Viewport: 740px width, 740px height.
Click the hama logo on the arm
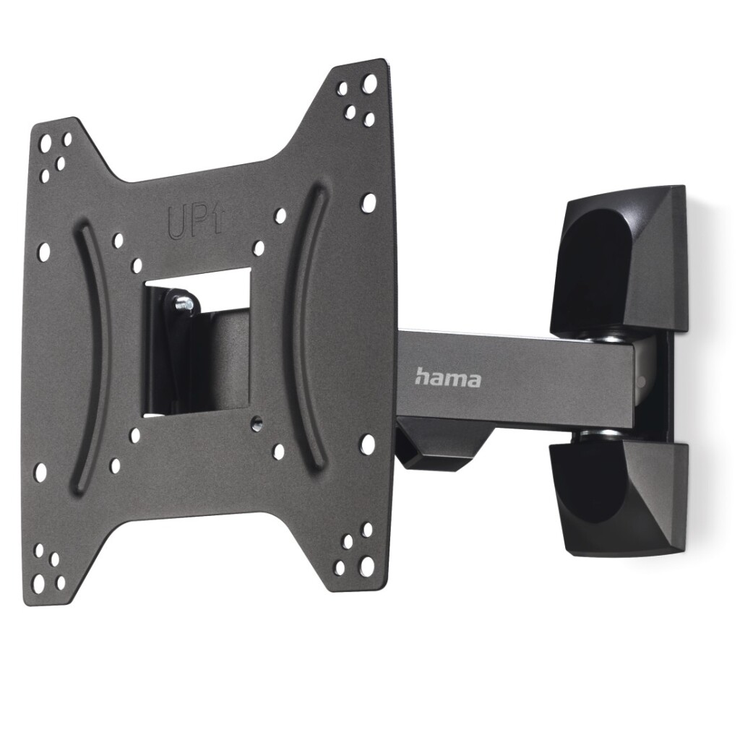click(447, 377)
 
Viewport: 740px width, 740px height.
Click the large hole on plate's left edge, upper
click(44, 251)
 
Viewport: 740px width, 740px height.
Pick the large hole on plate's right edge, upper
click(369, 202)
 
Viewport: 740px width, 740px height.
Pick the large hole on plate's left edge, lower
click(40, 472)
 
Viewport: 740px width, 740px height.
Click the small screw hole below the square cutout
click(257, 420)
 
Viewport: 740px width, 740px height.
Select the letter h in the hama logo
click(422, 376)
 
